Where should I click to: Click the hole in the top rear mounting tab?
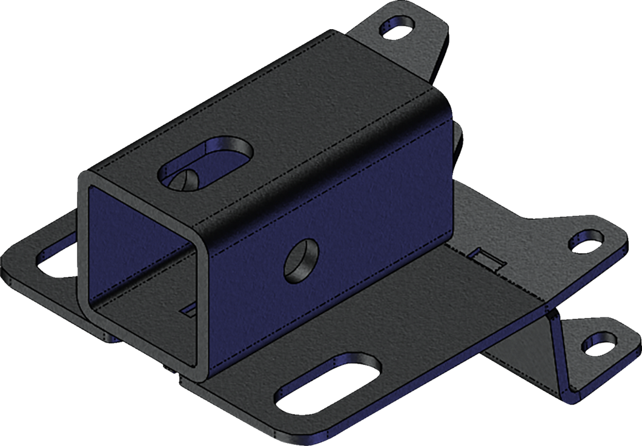397,27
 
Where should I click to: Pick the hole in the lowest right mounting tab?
598,347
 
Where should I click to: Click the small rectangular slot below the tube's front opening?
189,310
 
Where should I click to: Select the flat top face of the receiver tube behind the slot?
315,97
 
